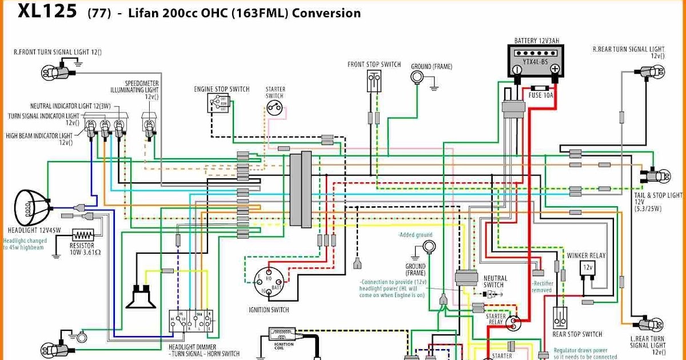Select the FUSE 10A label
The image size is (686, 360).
(541, 95)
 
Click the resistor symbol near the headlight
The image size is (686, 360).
(83, 235)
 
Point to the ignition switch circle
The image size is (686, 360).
(269, 284)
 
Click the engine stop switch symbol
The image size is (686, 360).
(218, 103)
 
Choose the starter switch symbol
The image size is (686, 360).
(276, 107)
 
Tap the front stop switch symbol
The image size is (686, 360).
(374, 81)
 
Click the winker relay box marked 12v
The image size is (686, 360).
(587, 267)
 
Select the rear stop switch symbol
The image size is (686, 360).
(560, 318)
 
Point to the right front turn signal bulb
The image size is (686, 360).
(53, 72)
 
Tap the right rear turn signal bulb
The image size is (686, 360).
(652, 71)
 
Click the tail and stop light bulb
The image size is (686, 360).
(657, 175)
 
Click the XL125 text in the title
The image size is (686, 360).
(47, 11)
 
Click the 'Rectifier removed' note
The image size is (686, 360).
(542, 286)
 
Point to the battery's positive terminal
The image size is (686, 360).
(554, 69)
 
